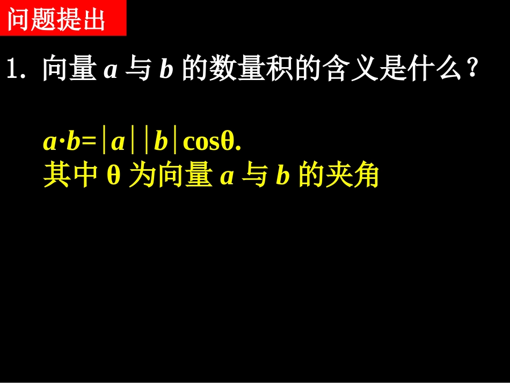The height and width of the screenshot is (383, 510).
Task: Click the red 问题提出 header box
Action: tap(63, 18)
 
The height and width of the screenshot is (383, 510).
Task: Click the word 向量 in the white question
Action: tap(69, 70)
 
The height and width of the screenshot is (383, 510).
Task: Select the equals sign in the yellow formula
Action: tap(89, 142)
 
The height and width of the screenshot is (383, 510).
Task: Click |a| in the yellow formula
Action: tap(118, 142)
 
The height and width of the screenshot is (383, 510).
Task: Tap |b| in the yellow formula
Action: tap(161, 142)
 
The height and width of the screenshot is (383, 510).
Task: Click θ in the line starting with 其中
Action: tap(113, 176)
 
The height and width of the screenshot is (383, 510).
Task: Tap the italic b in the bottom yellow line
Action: tap(282, 177)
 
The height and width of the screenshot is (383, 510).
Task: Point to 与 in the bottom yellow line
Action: tap(255, 176)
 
